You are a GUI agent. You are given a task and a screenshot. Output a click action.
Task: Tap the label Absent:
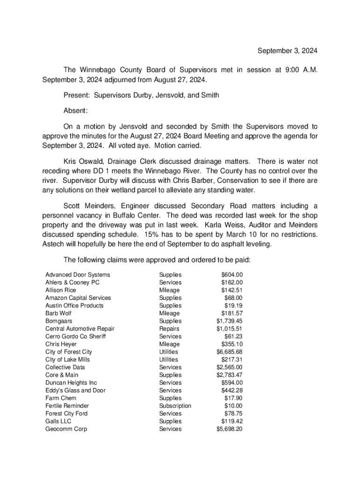tap(76, 111)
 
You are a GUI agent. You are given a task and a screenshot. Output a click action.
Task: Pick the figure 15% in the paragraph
tap(152, 234)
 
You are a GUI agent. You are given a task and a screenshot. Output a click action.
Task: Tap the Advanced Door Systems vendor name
tap(78, 275)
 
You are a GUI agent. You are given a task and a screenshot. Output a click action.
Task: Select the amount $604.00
tap(232, 275)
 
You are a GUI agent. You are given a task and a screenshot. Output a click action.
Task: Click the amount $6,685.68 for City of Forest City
tap(229, 352)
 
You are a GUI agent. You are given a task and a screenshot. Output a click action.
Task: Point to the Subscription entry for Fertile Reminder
tap(175, 406)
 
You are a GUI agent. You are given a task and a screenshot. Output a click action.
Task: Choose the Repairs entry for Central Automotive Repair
tap(169, 329)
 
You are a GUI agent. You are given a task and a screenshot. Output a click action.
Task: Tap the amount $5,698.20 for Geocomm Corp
tap(229, 429)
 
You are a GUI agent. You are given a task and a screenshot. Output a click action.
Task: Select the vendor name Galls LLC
tap(58, 421)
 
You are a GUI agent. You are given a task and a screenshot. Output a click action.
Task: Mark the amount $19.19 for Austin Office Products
tap(233, 305)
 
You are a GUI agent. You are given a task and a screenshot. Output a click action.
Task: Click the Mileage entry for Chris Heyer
tap(169, 344)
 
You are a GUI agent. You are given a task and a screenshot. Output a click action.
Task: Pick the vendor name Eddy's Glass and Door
tap(75, 390)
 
